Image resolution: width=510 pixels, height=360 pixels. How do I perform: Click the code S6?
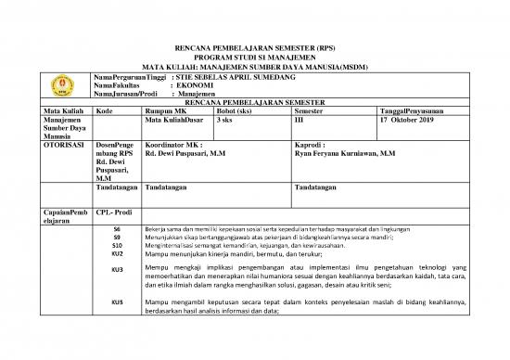pos(116,228)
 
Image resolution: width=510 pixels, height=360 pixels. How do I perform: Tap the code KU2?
pos(117,253)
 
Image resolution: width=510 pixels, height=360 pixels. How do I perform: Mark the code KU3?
pos(117,270)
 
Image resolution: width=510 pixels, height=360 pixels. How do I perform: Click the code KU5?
pos(117,302)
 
